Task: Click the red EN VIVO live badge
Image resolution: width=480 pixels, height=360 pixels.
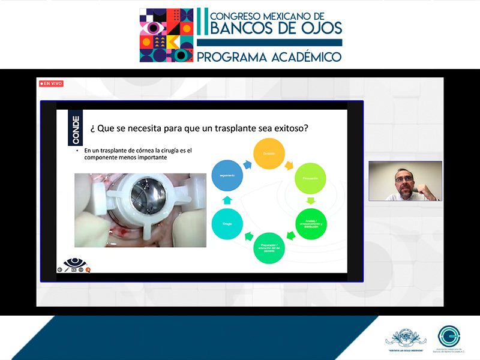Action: click(x=52, y=83)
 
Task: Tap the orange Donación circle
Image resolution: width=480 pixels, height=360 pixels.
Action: click(x=269, y=154)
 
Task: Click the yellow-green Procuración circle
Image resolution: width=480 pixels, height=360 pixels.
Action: click(x=310, y=179)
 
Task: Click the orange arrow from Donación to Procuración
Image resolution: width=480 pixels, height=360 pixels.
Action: click(x=291, y=164)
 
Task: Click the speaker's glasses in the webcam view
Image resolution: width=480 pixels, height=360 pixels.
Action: click(x=403, y=179)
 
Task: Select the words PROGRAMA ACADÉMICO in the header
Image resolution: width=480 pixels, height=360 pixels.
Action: click(x=269, y=57)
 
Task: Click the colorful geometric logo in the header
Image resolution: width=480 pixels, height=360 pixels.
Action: click(x=166, y=35)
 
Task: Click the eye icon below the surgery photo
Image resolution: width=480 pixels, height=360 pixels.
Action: click(x=75, y=263)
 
